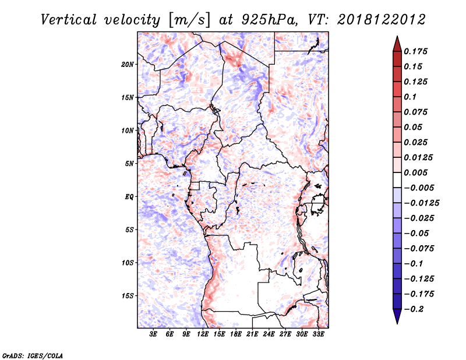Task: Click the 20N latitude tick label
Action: [128, 65]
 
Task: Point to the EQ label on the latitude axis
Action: [129, 197]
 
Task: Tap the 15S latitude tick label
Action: [128, 296]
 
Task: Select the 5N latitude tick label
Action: [129, 164]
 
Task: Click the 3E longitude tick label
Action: [153, 334]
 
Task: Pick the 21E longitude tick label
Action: [252, 334]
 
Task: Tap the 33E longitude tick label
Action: [318, 334]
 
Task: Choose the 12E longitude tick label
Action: [203, 334]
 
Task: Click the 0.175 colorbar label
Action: [415, 51]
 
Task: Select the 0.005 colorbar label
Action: [415, 172]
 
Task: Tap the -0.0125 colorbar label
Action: [421, 203]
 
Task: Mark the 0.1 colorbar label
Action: [410, 97]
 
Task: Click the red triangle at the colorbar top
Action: [397, 44]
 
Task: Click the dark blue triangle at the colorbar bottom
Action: [397, 316]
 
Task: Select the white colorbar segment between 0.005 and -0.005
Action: [397, 180]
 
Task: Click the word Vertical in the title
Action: [69, 20]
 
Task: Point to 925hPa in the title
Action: [269, 20]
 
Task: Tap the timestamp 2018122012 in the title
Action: [382, 20]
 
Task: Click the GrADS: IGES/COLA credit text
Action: [33, 355]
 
